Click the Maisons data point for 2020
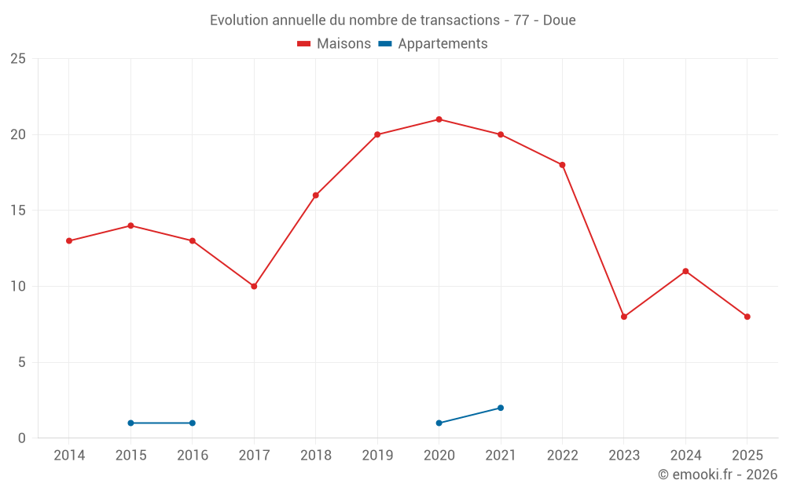click(x=439, y=119)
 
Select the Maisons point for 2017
click(x=254, y=286)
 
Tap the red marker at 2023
click(x=624, y=317)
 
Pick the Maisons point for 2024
click(x=685, y=271)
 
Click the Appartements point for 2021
click(x=501, y=408)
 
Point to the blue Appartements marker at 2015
click(x=130, y=423)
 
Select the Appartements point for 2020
click(x=439, y=423)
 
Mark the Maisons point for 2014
click(x=69, y=240)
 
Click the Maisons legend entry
click(x=334, y=44)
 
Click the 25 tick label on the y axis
click(x=18, y=59)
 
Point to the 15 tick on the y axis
click(x=18, y=211)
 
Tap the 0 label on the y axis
click(x=22, y=438)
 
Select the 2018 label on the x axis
click(x=315, y=456)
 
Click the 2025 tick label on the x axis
click(x=747, y=456)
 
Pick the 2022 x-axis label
click(x=562, y=456)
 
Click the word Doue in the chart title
click(x=560, y=20)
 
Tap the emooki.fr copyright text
click(x=717, y=475)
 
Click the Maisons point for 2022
click(x=562, y=165)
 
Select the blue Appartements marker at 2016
click(x=193, y=423)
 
